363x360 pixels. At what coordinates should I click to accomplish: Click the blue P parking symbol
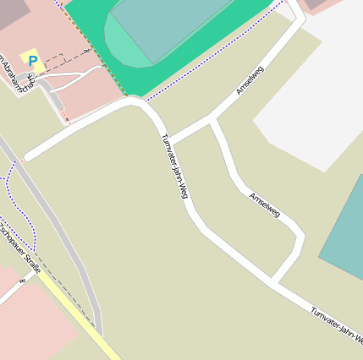(33, 61)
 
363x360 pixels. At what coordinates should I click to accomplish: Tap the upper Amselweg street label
(250, 80)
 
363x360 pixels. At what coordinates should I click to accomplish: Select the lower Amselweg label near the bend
(265, 205)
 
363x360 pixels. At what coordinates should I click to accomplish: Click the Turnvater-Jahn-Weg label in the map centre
(173, 166)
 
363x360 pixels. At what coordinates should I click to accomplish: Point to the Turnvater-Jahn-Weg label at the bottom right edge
(337, 325)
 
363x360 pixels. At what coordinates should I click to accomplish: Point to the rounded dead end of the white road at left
(28, 156)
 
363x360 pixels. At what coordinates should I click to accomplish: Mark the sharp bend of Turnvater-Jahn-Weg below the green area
(137, 101)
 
